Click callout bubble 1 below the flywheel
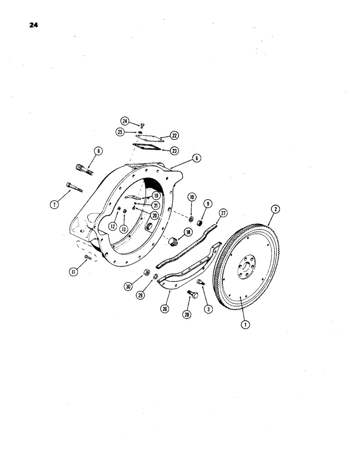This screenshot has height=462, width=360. coord(245,325)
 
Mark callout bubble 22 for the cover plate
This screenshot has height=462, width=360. coord(162,135)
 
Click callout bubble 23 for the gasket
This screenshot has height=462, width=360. coord(162,150)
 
